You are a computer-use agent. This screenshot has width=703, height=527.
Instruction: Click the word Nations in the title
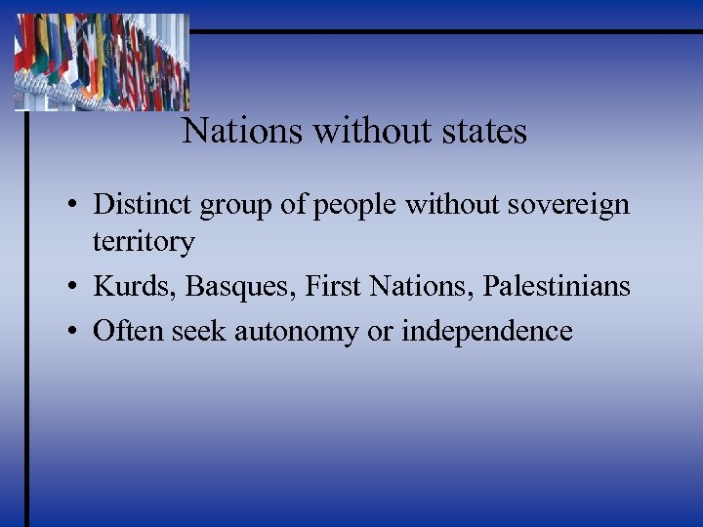pyautogui.click(x=242, y=131)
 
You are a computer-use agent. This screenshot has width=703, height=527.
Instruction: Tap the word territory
pyautogui.click(x=144, y=242)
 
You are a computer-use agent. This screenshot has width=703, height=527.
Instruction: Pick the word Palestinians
pyautogui.click(x=558, y=286)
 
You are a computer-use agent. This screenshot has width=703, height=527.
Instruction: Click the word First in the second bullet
pyautogui.click(x=327, y=286)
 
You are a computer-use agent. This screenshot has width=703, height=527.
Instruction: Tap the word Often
pyautogui.click(x=128, y=331)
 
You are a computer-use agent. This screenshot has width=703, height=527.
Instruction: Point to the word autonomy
pyautogui.click(x=282, y=333)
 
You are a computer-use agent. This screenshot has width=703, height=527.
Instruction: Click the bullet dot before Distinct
pyautogui.click(x=73, y=206)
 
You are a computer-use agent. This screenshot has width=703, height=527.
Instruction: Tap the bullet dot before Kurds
pyautogui.click(x=73, y=288)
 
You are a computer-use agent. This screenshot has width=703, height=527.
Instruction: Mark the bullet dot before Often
pyautogui.click(x=73, y=333)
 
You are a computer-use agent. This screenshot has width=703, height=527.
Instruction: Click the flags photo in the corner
pyautogui.click(x=102, y=61)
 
